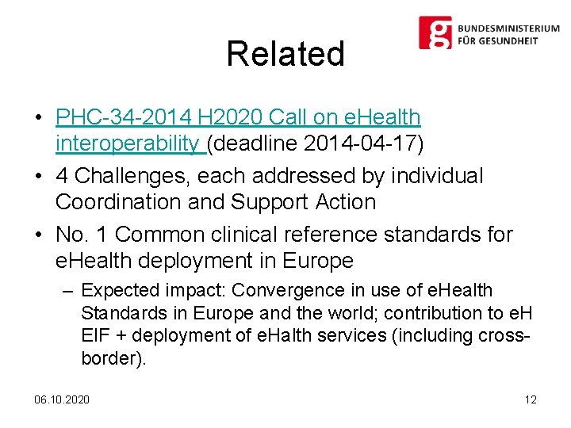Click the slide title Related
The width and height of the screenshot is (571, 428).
[x=285, y=54]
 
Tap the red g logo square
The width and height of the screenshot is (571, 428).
[x=435, y=33]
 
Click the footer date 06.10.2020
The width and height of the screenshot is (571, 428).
[x=62, y=399]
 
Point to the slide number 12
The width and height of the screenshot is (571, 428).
[x=531, y=399]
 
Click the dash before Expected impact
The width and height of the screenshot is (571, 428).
[x=67, y=291]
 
